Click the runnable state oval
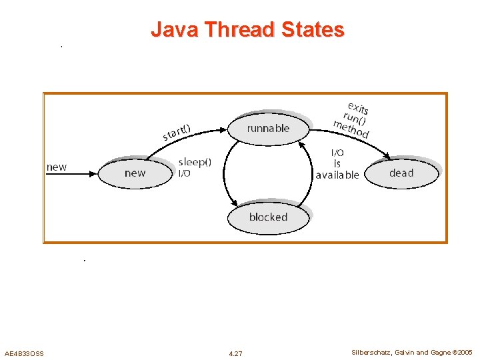point(268,128)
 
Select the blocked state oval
point(268,217)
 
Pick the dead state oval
point(401,173)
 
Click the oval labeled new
point(135,173)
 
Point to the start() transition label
point(177,132)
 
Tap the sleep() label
point(195,162)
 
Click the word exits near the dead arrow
point(358,108)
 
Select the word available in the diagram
point(337,175)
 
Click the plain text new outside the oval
point(57,167)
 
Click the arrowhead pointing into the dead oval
point(387,158)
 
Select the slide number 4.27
point(235,353)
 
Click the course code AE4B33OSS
point(24,353)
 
